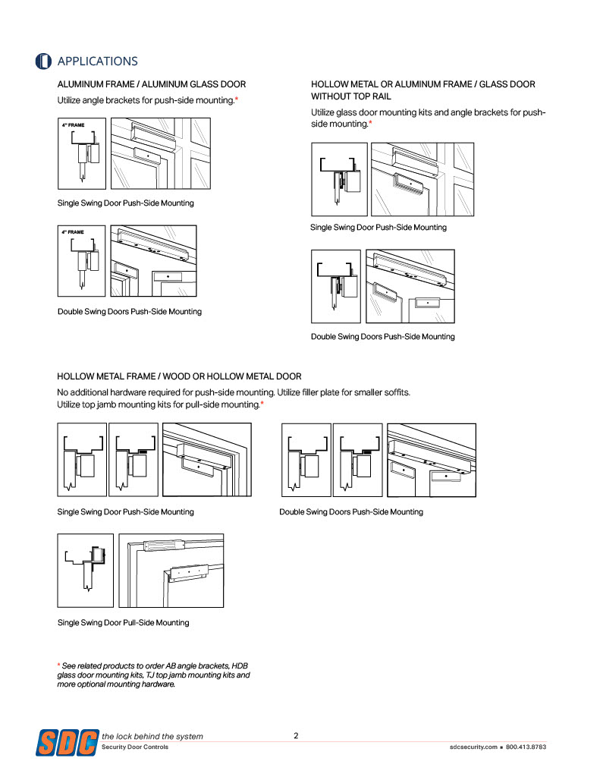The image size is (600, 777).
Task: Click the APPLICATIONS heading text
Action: [98, 61]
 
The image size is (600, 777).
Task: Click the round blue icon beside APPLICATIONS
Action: [44, 61]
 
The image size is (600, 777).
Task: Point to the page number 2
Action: [296, 735]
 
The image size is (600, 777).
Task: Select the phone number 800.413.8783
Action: [526, 747]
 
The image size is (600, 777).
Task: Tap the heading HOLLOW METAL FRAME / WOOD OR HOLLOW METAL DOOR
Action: [179, 376]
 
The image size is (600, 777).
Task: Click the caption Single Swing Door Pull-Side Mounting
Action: [123, 623]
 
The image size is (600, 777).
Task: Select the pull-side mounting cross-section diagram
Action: [86, 570]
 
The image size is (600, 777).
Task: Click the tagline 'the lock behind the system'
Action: [152, 736]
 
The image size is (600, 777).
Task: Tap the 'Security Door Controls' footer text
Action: [135, 747]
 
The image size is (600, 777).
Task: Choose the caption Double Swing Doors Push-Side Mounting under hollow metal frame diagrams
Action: [350, 512]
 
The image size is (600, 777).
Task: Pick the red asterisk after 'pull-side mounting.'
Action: [262, 405]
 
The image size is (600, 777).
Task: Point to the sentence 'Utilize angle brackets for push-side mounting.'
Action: [146, 101]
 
